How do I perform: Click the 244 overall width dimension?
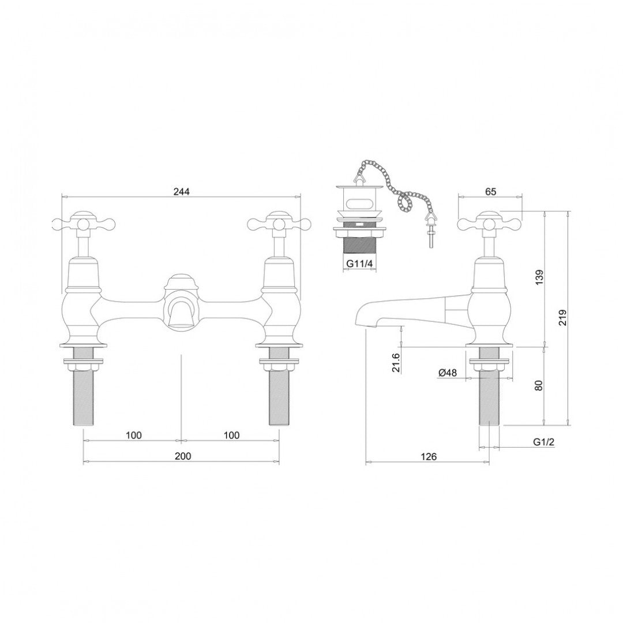pyautogui.click(x=182, y=191)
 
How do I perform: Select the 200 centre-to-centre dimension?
pyautogui.click(x=182, y=456)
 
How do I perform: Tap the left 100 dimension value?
pyautogui.click(x=133, y=434)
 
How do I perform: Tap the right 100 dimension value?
pyautogui.click(x=231, y=434)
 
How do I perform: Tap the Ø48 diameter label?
pyautogui.click(x=447, y=373)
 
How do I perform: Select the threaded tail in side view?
pyautogui.click(x=489, y=398)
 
